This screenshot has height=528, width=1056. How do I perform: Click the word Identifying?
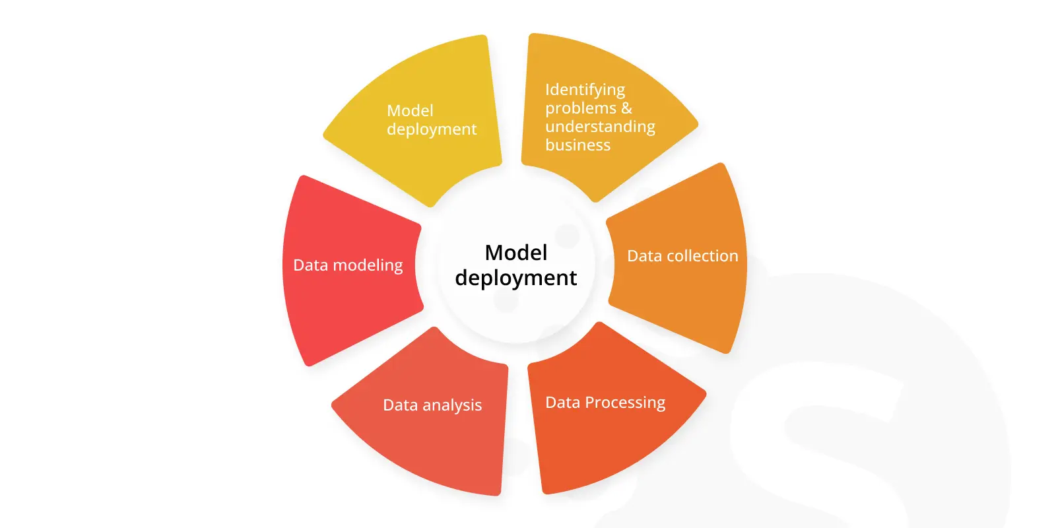click(x=585, y=90)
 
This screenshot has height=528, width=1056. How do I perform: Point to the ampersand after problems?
click(x=626, y=108)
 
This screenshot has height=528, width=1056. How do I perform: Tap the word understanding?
click(x=600, y=127)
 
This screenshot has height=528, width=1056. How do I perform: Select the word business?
click(x=578, y=145)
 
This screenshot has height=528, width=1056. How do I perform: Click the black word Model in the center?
click(x=516, y=253)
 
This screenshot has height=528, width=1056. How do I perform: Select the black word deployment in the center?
click(x=515, y=278)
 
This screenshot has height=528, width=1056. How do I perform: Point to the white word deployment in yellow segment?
click(x=432, y=129)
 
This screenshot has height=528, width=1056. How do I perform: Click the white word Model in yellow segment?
click(x=410, y=111)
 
